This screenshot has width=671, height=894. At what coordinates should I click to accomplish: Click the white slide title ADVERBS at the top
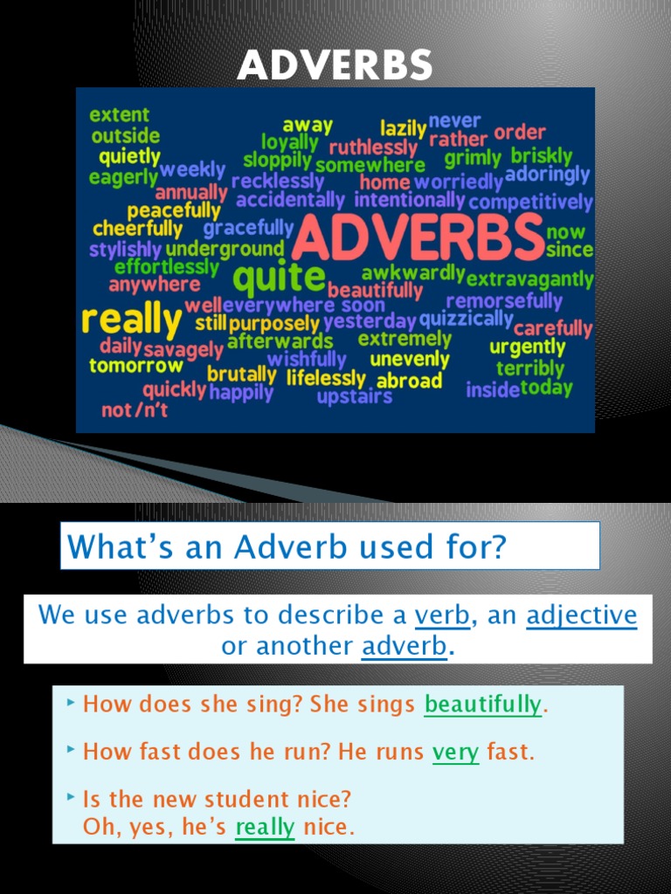pos(335,65)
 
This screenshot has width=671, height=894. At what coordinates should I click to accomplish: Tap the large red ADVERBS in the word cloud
pos(418,239)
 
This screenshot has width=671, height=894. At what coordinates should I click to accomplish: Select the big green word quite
pos(279,279)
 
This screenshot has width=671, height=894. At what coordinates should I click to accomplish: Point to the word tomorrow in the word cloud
pos(135,366)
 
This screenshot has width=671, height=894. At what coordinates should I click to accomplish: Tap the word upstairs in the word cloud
pos(354,397)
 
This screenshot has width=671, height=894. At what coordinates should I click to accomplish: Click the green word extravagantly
pos(529,280)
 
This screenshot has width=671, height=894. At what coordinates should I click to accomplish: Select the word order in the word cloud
pos(520,133)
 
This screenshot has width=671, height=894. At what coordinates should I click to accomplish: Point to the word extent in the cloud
pos(120,114)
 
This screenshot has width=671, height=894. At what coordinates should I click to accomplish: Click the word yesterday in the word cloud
pos(370,321)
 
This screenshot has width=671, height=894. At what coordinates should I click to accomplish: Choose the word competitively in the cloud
pos(530,203)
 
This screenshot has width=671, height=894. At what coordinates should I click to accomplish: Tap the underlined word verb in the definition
pos(442,615)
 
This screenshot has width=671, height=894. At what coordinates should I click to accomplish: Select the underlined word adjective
pos(581,615)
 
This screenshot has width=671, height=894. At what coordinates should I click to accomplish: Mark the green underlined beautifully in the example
pos(482,705)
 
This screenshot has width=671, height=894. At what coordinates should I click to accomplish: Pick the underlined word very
pos(455,752)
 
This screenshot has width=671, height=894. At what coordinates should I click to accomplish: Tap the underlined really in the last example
pos(265,826)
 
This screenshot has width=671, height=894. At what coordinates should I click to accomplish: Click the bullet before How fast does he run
pos(72,749)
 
